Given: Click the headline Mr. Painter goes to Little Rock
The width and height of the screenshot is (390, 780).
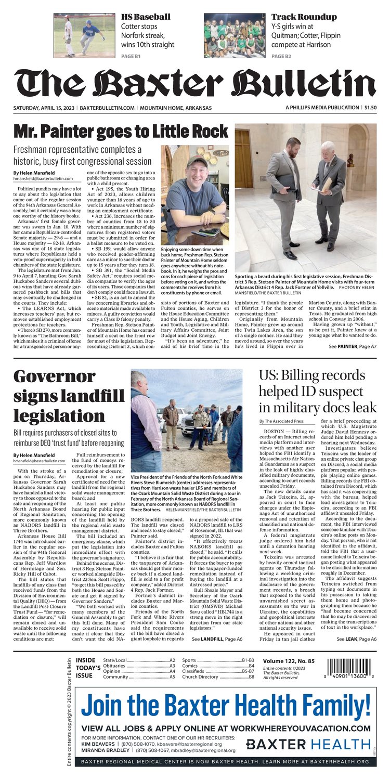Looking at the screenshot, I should click(x=121, y=130).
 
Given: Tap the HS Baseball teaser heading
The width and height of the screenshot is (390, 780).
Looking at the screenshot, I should click(x=145, y=17).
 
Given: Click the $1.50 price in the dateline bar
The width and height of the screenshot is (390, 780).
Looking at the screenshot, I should click(x=370, y=108).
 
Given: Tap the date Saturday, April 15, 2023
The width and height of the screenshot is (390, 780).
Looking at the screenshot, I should click(x=44, y=108).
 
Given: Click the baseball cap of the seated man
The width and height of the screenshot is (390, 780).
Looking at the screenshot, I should click(x=197, y=161).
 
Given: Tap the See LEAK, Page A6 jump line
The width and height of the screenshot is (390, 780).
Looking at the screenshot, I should click(x=356, y=639).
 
